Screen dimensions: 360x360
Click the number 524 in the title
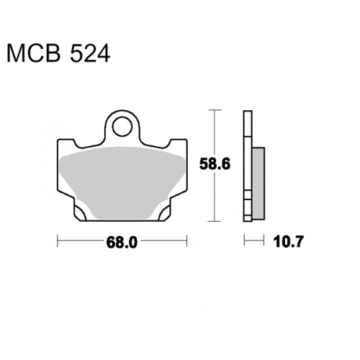pyautogui.click(x=90, y=54)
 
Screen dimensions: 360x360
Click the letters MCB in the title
pyautogui.click(x=34, y=54)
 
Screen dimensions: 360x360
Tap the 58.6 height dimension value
pyautogui.click(x=215, y=164)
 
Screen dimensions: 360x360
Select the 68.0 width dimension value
pyautogui.click(x=122, y=242)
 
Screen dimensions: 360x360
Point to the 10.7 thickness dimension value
pyautogui.click(x=288, y=241)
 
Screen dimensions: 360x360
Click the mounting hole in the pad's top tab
pyautogui.click(x=122, y=126)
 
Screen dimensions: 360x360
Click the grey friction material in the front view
pyautogui.click(x=122, y=182)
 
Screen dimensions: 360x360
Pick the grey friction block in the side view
pyautogui.click(x=258, y=184)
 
